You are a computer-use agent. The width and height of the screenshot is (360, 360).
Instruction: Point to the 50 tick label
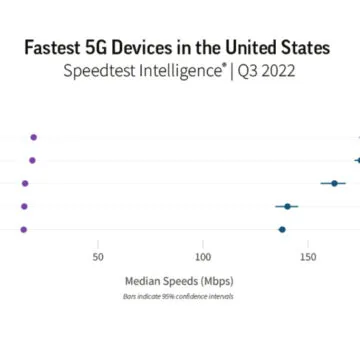point(98,257)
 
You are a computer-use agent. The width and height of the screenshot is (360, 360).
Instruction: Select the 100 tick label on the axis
point(203,257)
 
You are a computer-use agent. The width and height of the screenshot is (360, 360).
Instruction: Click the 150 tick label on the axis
point(308,257)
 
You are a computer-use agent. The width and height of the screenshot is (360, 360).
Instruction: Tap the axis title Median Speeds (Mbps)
point(179,281)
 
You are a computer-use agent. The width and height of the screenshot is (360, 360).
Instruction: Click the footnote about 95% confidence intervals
point(179,296)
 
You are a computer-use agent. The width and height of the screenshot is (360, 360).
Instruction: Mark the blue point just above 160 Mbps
point(333,183)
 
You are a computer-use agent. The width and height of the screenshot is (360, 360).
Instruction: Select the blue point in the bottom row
point(282,229)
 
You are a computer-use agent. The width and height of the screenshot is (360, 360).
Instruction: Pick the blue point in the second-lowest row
point(287,206)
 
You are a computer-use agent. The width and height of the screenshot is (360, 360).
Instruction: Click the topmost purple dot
point(34,136)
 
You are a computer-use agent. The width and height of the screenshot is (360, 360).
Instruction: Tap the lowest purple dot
point(24,229)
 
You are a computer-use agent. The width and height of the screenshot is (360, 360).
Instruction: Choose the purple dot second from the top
point(32,160)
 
